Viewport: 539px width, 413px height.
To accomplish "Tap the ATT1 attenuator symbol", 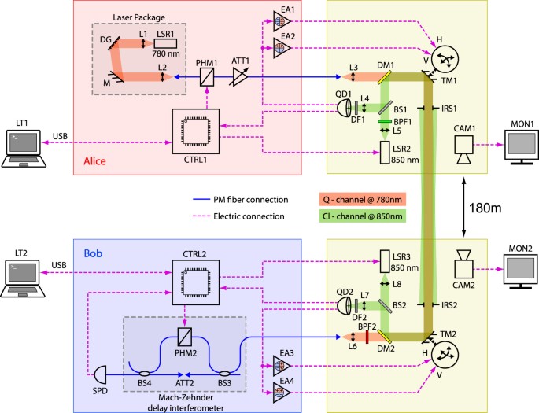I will coord(238,77).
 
